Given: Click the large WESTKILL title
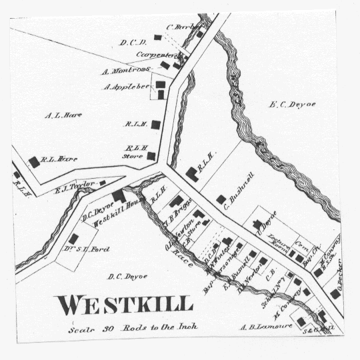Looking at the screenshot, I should coord(125,305).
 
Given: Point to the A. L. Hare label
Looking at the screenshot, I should coord(63,115).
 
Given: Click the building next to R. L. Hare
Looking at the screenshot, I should coord(34,162).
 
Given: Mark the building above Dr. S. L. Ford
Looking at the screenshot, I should coord(74,238).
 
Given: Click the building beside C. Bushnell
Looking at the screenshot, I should coord(221,199).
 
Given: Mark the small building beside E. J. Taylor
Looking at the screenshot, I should coord(103,183).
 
